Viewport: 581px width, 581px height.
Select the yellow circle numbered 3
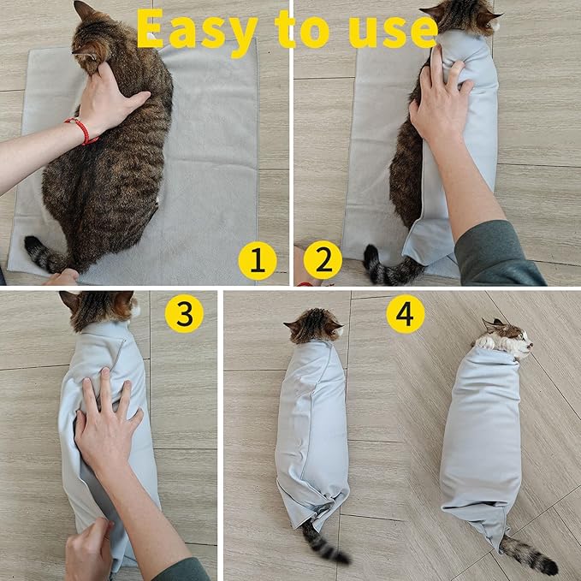tap(184, 313)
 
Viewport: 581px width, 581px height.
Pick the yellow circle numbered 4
tap(405, 314)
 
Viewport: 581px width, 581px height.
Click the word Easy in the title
tap(196, 31)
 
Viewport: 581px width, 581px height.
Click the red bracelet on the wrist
tap(81, 130)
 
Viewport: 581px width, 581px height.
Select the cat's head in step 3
tap(100, 308)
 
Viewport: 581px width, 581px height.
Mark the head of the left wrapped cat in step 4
tap(314, 325)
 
